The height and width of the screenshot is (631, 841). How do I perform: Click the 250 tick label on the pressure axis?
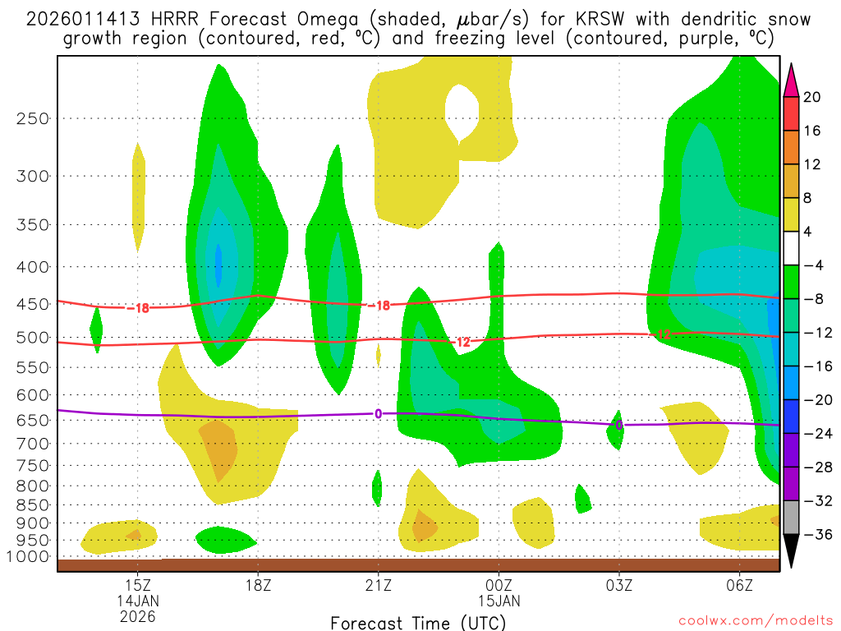click(33, 118)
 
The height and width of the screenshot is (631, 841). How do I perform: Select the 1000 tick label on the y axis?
click(30, 557)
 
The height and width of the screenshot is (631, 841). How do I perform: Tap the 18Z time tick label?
click(258, 586)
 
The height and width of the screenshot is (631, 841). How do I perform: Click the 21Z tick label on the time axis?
click(378, 586)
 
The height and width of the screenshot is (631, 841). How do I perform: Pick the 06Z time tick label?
click(740, 586)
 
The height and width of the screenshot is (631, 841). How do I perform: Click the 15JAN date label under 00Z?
click(499, 601)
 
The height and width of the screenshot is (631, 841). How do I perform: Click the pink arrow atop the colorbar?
click(792, 80)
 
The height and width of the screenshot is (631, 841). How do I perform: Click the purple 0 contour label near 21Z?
click(378, 413)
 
